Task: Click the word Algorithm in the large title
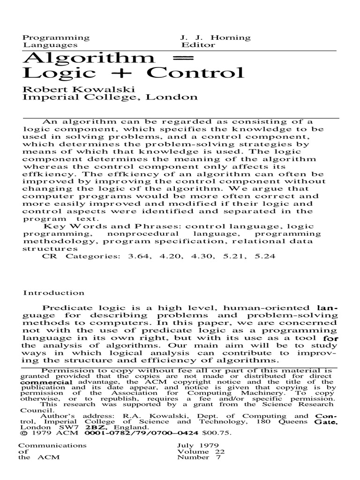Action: [89, 58]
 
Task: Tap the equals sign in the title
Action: [173, 58]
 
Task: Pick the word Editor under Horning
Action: [198, 45]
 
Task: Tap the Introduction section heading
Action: [54, 293]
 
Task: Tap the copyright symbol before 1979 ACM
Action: [21, 433]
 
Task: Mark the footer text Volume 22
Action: [201, 452]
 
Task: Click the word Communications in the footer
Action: [46, 445]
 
